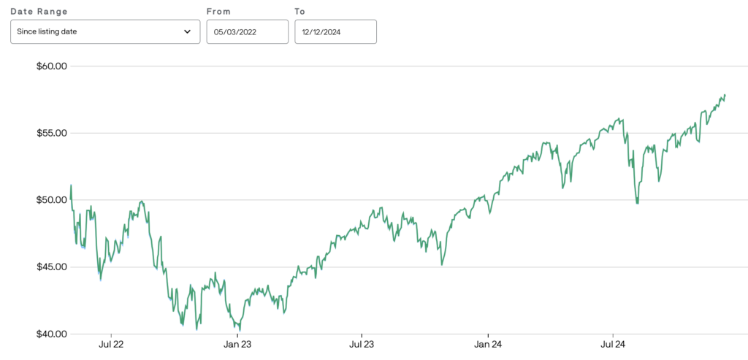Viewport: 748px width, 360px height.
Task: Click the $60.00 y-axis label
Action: [51, 66]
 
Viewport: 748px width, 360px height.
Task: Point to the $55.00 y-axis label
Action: [51, 133]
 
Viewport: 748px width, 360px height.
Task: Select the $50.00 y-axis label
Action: [51, 200]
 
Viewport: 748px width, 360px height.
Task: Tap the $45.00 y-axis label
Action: [51, 267]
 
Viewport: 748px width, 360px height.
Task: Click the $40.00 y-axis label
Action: [51, 334]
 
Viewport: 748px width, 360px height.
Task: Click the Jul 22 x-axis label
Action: [111, 343]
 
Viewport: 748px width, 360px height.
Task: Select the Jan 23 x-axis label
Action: [236, 343]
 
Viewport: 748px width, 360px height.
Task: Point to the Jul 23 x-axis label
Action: [362, 343]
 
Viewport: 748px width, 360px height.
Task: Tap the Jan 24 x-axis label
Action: [487, 343]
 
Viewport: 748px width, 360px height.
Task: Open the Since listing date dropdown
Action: [104, 32]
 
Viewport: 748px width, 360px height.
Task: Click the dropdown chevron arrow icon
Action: [187, 32]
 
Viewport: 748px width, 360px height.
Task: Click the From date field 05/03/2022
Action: [247, 32]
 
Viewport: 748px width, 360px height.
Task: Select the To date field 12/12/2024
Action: [335, 32]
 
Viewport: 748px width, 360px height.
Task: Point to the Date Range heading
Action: [39, 12]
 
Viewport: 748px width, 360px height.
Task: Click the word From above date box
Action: [218, 12]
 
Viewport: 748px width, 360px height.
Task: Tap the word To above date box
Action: [300, 12]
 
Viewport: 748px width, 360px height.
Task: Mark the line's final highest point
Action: [725, 94]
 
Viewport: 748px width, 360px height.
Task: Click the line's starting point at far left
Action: [71, 185]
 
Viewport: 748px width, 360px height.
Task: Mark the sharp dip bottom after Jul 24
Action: [638, 203]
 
